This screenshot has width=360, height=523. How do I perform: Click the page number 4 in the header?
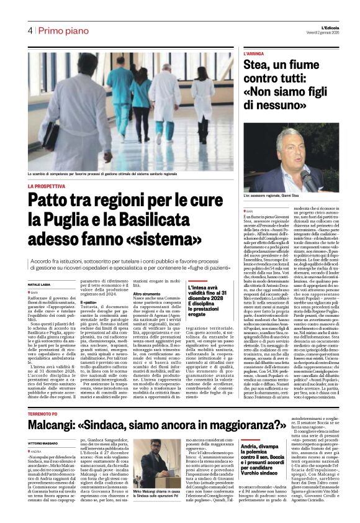(x=29, y=30)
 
